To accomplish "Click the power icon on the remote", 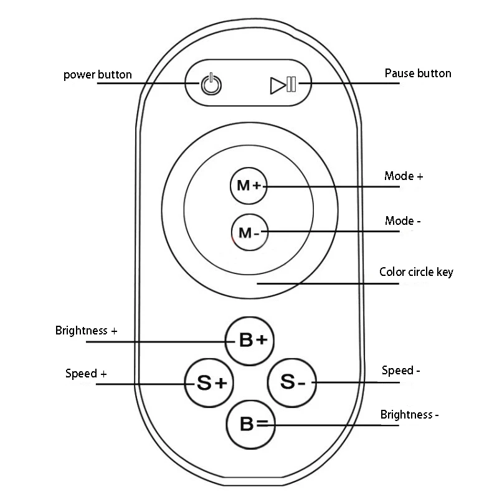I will [x=211, y=84].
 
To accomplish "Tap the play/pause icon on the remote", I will [x=283, y=84].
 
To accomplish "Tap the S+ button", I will [x=209, y=382].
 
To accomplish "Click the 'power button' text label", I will [x=98, y=75].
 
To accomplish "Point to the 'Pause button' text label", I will [x=418, y=73].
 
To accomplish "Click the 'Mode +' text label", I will [x=404, y=176].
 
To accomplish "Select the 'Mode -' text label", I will [x=403, y=221].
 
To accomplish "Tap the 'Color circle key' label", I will [x=417, y=272].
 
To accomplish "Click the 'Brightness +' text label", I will [x=86, y=331].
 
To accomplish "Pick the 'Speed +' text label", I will [x=86, y=374].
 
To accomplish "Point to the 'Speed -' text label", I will [x=400, y=371].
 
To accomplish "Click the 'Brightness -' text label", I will [x=410, y=414].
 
